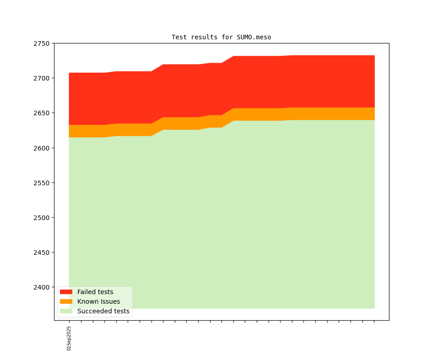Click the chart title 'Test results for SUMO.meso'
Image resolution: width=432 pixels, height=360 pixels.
coord(221,37)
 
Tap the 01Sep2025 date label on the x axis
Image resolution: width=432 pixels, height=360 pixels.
coord(69,338)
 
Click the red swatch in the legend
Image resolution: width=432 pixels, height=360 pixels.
coord(66,292)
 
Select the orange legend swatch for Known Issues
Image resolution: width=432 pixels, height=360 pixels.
coord(66,301)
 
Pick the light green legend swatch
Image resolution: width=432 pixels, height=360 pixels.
coord(66,311)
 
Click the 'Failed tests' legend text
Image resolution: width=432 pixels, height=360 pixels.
coord(95,292)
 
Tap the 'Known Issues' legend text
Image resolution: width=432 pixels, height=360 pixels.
coord(98,301)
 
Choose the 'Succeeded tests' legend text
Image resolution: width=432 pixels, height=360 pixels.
coord(103,311)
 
